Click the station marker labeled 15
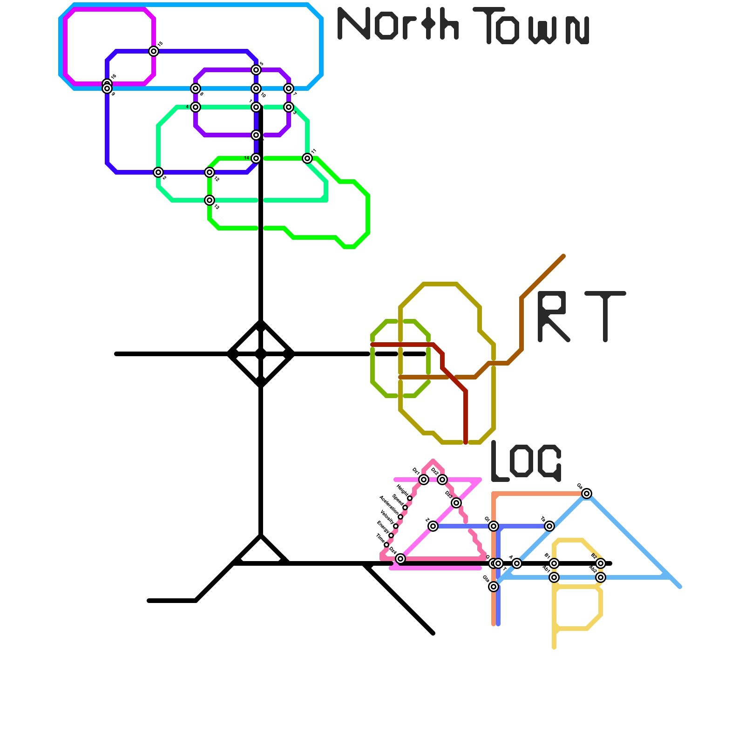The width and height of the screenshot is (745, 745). (x=154, y=51)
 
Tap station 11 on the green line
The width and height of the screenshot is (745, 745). (x=307, y=158)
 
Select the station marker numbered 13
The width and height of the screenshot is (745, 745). (x=210, y=200)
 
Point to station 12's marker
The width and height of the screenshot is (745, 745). (x=210, y=172)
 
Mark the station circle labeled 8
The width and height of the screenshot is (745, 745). (x=196, y=88)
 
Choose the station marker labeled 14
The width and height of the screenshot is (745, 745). (x=256, y=158)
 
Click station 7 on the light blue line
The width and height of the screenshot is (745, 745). (x=289, y=88)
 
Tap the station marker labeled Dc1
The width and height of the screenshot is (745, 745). (x=423, y=480)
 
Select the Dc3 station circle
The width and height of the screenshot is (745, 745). (x=456, y=503)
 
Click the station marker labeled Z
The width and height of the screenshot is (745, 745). (x=433, y=526)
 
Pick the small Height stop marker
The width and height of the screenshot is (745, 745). (x=410, y=498)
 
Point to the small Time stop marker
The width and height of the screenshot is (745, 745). (x=386, y=545)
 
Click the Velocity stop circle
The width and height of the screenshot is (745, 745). (x=396, y=526)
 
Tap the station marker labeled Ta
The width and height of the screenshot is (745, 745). (x=549, y=526)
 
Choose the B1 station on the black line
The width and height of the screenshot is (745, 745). (x=554, y=563)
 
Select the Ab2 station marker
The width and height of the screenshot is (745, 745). (x=601, y=577)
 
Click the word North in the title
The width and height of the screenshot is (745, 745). (x=398, y=23)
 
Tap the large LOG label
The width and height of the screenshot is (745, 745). (x=526, y=461)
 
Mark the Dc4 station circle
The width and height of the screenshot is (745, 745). (x=400, y=559)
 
